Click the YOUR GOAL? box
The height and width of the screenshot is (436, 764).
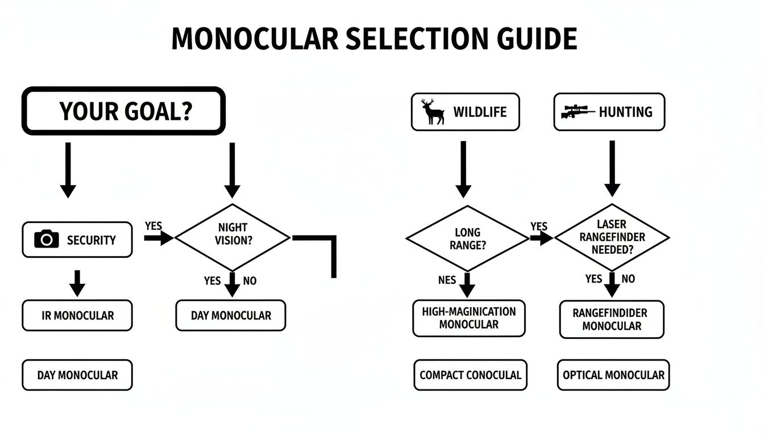(x=123, y=111)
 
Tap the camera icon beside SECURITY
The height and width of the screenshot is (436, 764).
(x=47, y=240)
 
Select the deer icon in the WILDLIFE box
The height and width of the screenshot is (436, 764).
(x=434, y=111)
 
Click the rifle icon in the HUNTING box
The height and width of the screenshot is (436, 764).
(x=576, y=111)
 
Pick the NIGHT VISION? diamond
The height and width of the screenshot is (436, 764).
(x=232, y=237)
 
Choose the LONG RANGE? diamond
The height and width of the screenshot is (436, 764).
(x=467, y=238)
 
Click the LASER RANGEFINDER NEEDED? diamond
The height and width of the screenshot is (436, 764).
(x=611, y=237)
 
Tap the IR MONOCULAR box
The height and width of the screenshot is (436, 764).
(x=77, y=316)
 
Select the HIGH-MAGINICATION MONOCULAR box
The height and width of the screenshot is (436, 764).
(x=469, y=318)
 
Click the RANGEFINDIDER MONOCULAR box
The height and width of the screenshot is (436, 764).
(x=612, y=319)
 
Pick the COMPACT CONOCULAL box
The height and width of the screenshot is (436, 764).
(x=470, y=375)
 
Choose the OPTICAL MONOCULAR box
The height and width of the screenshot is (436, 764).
(x=613, y=375)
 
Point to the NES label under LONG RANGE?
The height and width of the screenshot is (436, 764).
(x=447, y=280)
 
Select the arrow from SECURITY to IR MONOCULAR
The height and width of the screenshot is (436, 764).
(x=77, y=283)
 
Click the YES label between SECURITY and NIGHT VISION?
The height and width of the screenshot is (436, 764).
(x=153, y=226)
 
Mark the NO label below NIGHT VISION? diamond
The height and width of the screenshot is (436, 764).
(x=250, y=280)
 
